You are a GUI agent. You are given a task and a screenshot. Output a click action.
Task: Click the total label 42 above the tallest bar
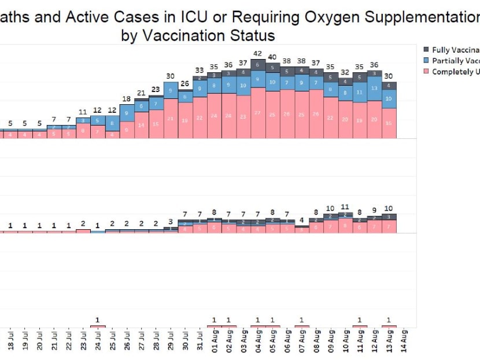click(x=258, y=54)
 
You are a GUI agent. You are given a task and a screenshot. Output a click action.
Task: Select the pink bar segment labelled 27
click(x=258, y=113)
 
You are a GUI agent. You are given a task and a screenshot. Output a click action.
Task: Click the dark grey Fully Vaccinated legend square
click(x=426, y=50)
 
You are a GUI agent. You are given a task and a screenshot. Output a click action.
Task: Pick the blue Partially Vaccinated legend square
click(x=426, y=61)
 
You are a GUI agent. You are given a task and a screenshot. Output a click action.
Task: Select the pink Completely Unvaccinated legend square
click(x=426, y=72)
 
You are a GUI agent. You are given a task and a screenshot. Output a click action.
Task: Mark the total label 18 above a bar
click(x=127, y=99)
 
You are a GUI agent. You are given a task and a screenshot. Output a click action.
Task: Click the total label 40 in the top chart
click(x=272, y=57)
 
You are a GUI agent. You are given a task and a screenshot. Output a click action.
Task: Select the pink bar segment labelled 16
click(x=389, y=123)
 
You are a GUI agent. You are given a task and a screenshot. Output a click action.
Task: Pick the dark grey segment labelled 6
click(x=258, y=64)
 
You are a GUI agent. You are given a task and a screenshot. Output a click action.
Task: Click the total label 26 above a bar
click(x=185, y=83)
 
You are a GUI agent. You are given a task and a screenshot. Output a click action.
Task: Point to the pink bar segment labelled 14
click(x=142, y=124)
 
